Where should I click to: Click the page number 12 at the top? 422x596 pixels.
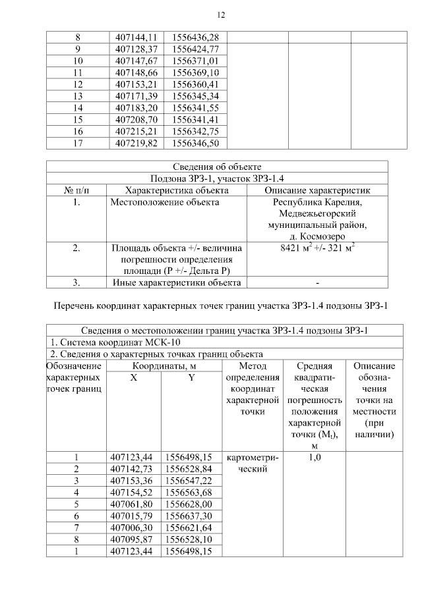[x=221, y=15]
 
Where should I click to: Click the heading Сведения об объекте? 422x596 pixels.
[x=217, y=166]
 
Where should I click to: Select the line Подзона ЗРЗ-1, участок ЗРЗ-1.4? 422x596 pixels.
[x=217, y=178]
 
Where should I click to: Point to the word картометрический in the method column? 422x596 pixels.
[x=253, y=464]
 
